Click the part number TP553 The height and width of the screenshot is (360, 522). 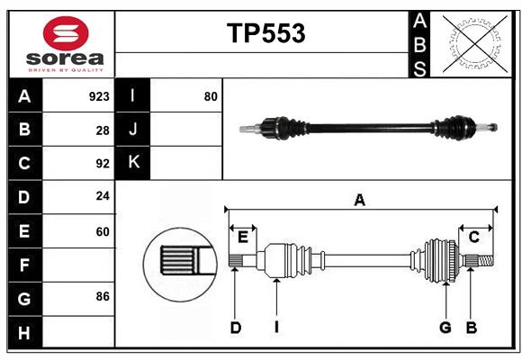tap(265, 33)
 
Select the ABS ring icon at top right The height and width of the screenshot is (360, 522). tap(472, 43)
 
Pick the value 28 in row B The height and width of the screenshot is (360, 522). tap(103, 130)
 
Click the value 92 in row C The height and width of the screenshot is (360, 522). tap(103, 164)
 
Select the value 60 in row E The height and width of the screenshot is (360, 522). tap(103, 231)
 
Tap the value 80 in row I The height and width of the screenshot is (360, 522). tap(211, 96)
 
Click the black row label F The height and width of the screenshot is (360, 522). tap(24, 265)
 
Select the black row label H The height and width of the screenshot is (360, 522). tap(24, 332)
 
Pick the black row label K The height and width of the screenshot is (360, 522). tap(133, 163)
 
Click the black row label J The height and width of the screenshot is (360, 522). tap(133, 130)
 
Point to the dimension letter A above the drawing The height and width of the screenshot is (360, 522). tap(359, 200)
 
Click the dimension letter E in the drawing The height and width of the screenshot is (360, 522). tap(243, 237)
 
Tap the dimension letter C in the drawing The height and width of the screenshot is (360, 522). tap(473, 237)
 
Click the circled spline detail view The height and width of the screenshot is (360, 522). tap(179, 261)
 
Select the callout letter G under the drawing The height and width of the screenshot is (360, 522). tap(445, 328)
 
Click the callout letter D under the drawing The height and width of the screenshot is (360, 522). tap(235, 328)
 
